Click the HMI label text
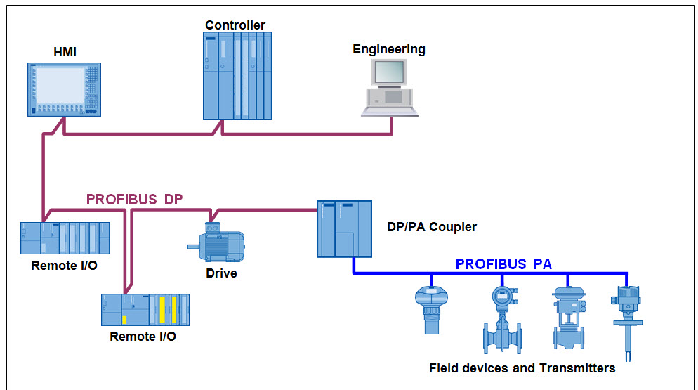click(x=64, y=51)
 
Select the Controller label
click(x=235, y=25)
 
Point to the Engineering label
click(x=389, y=49)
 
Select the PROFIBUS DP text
click(x=134, y=200)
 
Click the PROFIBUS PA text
click(x=503, y=264)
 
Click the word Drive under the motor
click(x=220, y=273)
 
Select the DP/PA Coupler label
click(x=432, y=227)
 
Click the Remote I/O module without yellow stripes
click(x=65, y=238)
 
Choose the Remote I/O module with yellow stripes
click(x=145, y=309)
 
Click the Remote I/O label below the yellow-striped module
click(x=143, y=337)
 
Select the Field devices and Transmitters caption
click(x=522, y=368)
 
